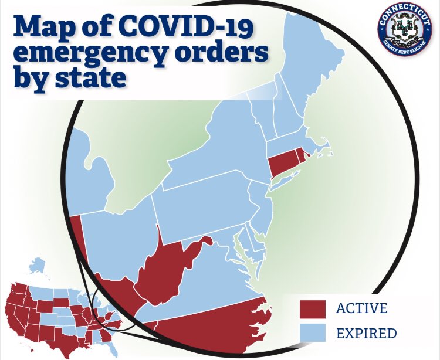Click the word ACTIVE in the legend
tap(361, 308)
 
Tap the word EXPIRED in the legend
tap(366, 334)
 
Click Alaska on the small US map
tap(38, 266)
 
